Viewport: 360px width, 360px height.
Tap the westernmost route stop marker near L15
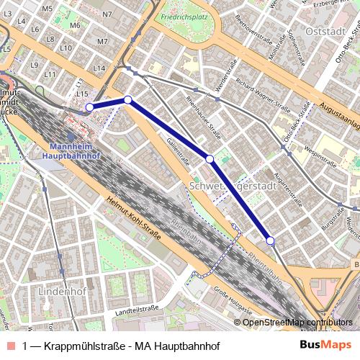[x=90, y=107]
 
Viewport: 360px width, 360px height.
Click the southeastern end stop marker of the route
[x=270, y=240]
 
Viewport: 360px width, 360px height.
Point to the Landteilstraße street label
[x=136, y=309]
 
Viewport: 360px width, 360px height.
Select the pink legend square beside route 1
[x=11, y=346]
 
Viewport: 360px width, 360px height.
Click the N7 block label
[x=108, y=14]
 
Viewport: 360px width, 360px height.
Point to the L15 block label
[x=82, y=94]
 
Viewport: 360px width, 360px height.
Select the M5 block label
[x=48, y=9]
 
